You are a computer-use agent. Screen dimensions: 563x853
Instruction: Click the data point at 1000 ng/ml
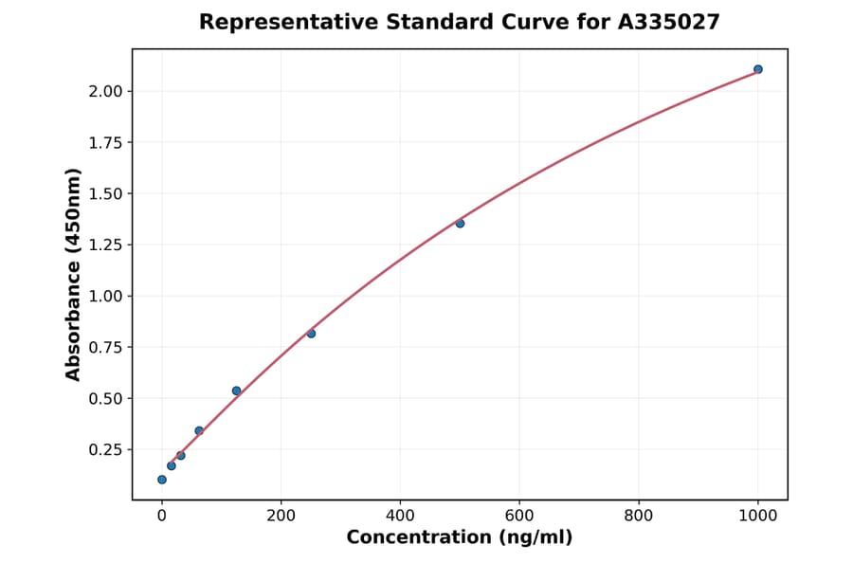pos(757,69)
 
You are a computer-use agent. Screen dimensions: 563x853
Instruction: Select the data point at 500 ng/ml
pos(460,224)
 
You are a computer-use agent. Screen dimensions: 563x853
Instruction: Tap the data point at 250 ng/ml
pos(311,334)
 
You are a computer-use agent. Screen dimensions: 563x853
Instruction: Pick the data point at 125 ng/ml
pos(236,390)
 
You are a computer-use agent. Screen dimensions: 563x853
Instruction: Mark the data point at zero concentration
pos(162,480)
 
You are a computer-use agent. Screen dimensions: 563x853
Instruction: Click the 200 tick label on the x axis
pos(281,516)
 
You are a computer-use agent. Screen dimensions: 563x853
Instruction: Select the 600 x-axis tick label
pos(519,516)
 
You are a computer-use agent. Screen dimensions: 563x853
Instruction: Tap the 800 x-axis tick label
pos(639,516)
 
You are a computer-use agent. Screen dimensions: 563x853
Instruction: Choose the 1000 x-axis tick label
pos(757,516)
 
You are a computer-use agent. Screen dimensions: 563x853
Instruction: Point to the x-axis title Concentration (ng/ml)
pos(460,538)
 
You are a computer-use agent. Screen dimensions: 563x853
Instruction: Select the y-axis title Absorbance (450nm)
pos(74,275)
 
